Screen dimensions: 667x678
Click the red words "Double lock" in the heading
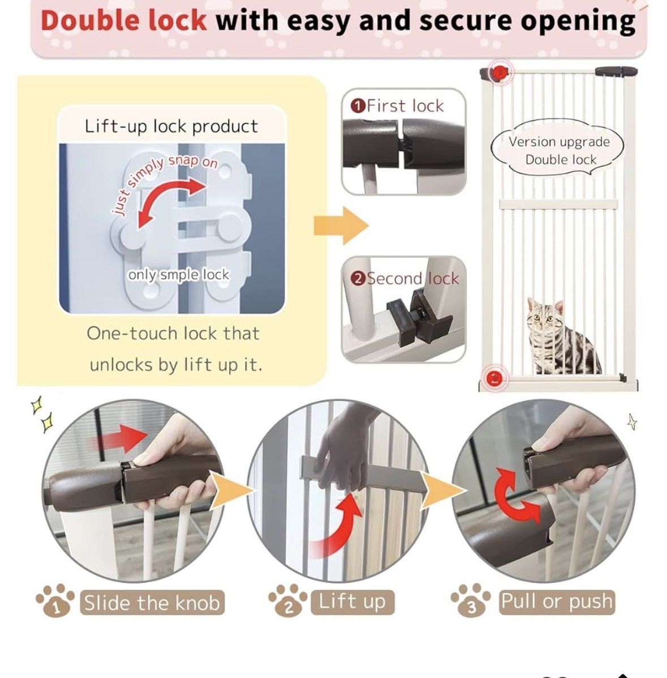tap(123, 21)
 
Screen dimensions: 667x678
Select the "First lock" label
tap(398, 106)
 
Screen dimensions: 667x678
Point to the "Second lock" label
tap(404, 279)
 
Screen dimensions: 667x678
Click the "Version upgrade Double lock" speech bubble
tap(558, 149)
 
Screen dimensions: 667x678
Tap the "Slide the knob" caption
tap(152, 602)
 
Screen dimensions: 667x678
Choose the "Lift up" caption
tap(352, 602)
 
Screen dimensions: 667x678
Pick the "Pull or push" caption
tap(557, 602)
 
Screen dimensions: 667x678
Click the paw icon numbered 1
tap(55, 601)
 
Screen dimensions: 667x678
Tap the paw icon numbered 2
tap(288, 601)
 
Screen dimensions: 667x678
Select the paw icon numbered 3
tap(471, 600)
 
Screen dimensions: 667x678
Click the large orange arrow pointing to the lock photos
tap(341, 225)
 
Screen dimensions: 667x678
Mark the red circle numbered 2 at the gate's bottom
tap(494, 378)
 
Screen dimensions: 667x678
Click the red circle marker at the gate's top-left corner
tap(498, 72)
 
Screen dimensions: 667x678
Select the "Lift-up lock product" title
tap(171, 126)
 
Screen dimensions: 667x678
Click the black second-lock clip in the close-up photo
tap(418, 317)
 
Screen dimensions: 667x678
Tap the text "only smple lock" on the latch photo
tap(178, 275)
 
